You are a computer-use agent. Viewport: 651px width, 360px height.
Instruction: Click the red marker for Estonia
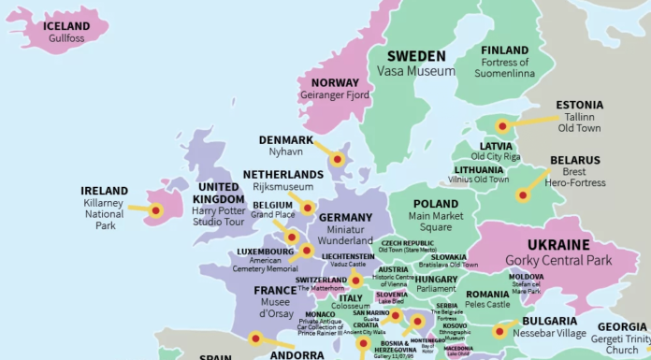[x=502, y=126]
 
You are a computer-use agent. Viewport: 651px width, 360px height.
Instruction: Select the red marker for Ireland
[x=156, y=210]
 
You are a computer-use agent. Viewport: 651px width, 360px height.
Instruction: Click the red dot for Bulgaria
[x=499, y=330]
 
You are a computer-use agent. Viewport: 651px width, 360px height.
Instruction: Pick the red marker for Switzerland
[x=355, y=280]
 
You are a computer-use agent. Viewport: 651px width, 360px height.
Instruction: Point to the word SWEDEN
[x=416, y=55]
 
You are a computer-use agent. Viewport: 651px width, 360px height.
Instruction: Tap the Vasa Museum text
[x=416, y=71]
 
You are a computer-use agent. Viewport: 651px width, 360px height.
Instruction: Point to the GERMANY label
[x=345, y=218]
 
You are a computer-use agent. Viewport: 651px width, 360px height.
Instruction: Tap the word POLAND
[x=436, y=204]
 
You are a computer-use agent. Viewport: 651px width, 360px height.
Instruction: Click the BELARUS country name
[x=574, y=160]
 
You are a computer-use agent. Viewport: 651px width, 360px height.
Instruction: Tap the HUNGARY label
[x=436, y=279]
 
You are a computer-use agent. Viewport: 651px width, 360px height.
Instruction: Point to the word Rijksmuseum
[x=282, y=188]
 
